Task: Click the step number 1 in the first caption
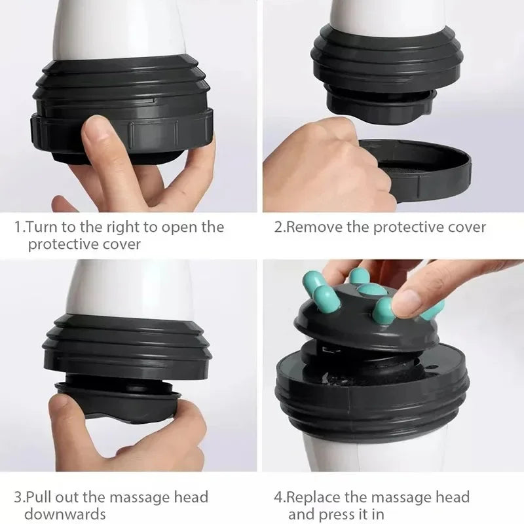tap(18, 227)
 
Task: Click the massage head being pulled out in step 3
tap(118, 400)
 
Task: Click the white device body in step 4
tap(367, 452)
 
